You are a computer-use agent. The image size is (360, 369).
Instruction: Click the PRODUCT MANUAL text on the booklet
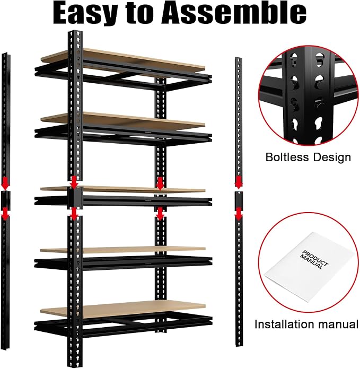[313, 259]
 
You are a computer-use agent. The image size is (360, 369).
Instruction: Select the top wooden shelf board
[123, 59]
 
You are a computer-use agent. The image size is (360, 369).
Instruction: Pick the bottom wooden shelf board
[123, 309]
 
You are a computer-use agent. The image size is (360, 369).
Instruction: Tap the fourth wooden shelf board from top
[123, 250]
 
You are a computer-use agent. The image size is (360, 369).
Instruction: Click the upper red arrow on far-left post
[5, 184]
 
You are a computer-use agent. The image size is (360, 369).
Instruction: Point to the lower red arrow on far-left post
[5, 214]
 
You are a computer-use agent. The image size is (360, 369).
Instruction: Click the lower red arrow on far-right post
[239, 214]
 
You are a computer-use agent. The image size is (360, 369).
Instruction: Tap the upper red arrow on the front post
[74, 182]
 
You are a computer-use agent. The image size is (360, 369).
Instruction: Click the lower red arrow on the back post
[160, 214]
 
